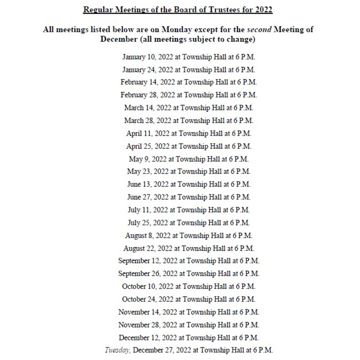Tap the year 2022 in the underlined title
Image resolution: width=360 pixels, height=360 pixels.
pos(263,9)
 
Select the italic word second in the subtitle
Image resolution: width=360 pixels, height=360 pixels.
pos(259,30)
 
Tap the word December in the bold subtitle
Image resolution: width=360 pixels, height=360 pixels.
pos(118,39)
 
